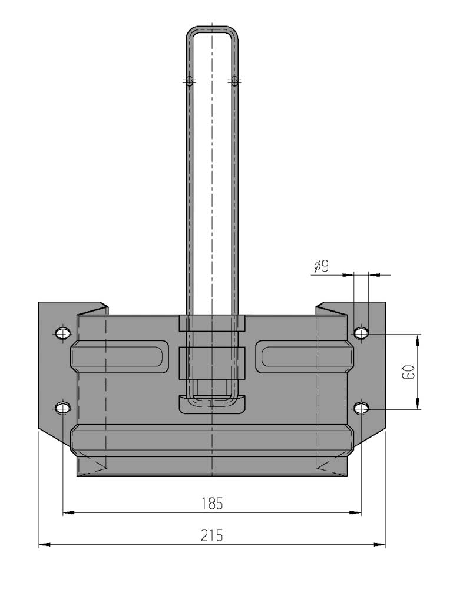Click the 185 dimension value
click(212, 504)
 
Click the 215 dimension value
click(212, 535)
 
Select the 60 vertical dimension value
click(408, 372)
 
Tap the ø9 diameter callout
click(322, 266)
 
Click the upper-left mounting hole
click(62, 333)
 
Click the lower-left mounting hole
click(62, 408)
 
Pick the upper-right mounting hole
click(361, 333)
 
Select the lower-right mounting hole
click(361, 408)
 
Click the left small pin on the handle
click(190, 81)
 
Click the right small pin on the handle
click(235, 81)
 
